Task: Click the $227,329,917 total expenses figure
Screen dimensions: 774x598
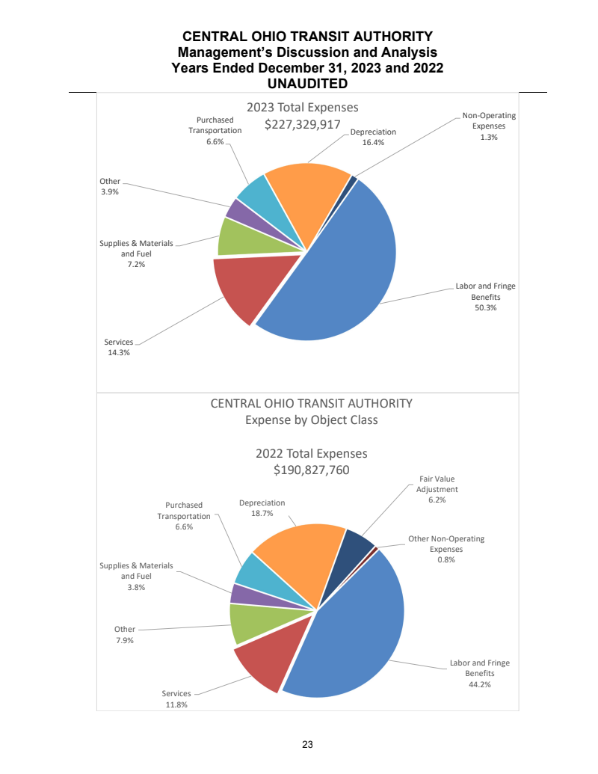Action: pos(303,124)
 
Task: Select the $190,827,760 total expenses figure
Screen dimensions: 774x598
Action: pos(312,470)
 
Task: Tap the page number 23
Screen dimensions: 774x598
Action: pos(307,744)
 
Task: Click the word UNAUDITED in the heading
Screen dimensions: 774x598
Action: pos(307,82)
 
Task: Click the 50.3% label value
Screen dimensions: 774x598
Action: pos(485,307)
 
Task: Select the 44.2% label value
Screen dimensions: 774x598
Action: pos(479,684)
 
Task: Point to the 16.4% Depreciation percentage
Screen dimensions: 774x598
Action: pos(373,142)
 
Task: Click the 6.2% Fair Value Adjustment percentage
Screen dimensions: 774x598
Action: pos(437,500)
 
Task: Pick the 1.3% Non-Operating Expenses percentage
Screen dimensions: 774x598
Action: pos(489,137)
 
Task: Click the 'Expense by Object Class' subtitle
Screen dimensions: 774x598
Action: pos(312,420)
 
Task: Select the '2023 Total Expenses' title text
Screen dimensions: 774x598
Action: pos(303,108)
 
